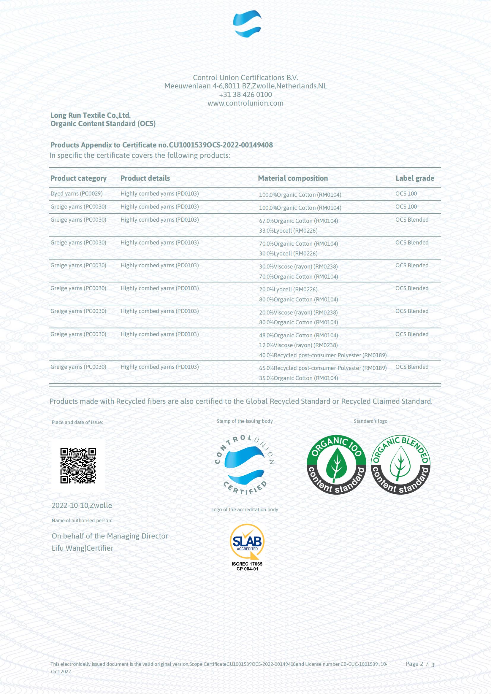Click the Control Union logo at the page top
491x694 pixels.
tap(247, 23)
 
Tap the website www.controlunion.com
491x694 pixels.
tap(245, 103)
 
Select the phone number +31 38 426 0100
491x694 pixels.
tap(245, 95)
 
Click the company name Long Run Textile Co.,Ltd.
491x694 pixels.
tap(91, 115)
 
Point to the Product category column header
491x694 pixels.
tap(78, 178)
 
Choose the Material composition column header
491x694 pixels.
tap(293, 178)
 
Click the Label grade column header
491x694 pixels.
tap(414, 178)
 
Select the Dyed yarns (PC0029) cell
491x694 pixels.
tap(77, 193)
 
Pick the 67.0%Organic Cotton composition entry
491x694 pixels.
tap(298, 221)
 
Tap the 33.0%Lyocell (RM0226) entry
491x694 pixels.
tap(288, 231)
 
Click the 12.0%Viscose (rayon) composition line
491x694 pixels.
tap(298, 345)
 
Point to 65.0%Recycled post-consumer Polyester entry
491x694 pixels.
tap(323, 368)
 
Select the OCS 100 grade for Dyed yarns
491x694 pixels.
tap(406, 193)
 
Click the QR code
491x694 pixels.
tap(78, 466)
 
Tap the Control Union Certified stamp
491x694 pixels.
tap(245, 465)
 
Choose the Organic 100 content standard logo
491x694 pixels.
tap(336, 465)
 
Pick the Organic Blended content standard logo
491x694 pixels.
tap(400, 465)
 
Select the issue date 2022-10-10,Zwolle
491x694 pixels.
tap(82, 506)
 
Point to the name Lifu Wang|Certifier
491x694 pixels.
tap(83, 548)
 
